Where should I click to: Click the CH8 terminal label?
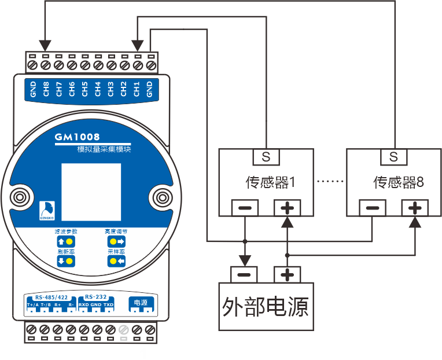[46, 90]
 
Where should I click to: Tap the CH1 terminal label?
[137, 90]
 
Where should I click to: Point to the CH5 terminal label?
[84, 90]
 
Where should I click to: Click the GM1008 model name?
[78, 137]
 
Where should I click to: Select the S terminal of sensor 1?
[266, 156]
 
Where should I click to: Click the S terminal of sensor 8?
[394, 156]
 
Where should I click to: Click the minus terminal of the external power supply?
[245, 274]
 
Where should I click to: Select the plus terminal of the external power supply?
[288, 274]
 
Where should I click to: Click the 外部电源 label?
[265, 306]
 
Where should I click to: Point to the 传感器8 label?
[399, 183]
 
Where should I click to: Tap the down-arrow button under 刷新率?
[66, 261]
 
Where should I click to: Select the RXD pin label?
[83, 304]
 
